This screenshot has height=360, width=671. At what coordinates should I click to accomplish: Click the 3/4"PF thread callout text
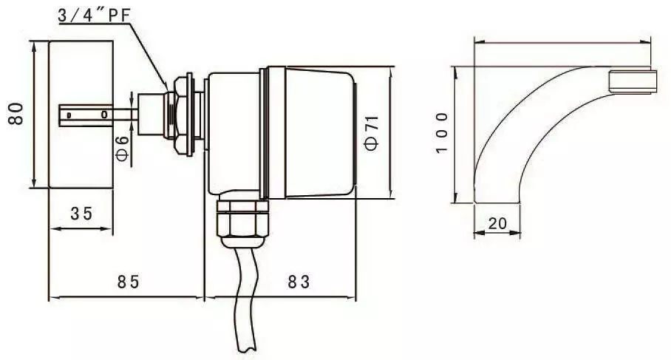point(94,15)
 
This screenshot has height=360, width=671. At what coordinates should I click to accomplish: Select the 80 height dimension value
point(17,113)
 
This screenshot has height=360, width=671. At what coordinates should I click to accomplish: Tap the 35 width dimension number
point(81,213)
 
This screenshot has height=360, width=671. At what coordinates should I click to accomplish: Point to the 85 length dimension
point(129,282)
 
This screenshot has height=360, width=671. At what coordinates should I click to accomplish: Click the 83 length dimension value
point(299,282)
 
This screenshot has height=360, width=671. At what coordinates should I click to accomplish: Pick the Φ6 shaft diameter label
point(123,148)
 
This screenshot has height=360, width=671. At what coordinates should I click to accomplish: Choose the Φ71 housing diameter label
point(371,132)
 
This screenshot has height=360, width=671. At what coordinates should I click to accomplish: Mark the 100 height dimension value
point(442,132)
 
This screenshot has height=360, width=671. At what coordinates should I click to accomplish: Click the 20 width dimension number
point(497,223)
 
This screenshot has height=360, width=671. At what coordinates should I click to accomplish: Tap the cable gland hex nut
point(242,219)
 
